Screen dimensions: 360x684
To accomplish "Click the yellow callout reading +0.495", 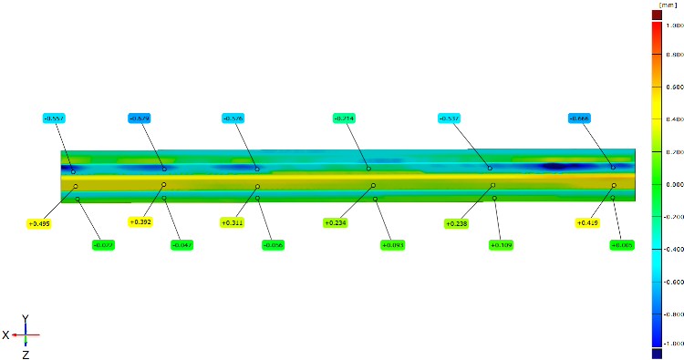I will (38, 223).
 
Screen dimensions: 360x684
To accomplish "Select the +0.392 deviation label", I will (140, 221).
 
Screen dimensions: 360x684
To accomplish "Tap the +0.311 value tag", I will (233, 222).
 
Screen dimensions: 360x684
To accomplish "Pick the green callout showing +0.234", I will (336, 222).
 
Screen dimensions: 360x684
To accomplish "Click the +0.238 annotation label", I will (456, 223).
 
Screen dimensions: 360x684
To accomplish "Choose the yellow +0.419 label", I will (588, 222).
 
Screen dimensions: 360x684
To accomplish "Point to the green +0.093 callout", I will (392, 245).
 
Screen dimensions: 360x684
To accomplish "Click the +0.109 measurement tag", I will (502, 245).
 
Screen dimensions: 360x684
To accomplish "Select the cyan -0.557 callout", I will (55, 118).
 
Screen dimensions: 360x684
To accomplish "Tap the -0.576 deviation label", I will (233, 118).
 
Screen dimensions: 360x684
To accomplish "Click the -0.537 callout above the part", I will (449, 118).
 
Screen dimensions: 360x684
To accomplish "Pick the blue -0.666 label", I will (579, 118).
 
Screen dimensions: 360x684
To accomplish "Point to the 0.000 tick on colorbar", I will (674, 184).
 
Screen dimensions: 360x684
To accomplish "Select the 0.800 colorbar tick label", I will (674, 55).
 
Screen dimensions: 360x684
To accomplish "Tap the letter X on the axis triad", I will (5, 335).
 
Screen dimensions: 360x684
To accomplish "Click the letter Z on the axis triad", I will (26, 353).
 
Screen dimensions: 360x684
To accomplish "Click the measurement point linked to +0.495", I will (76, 187).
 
